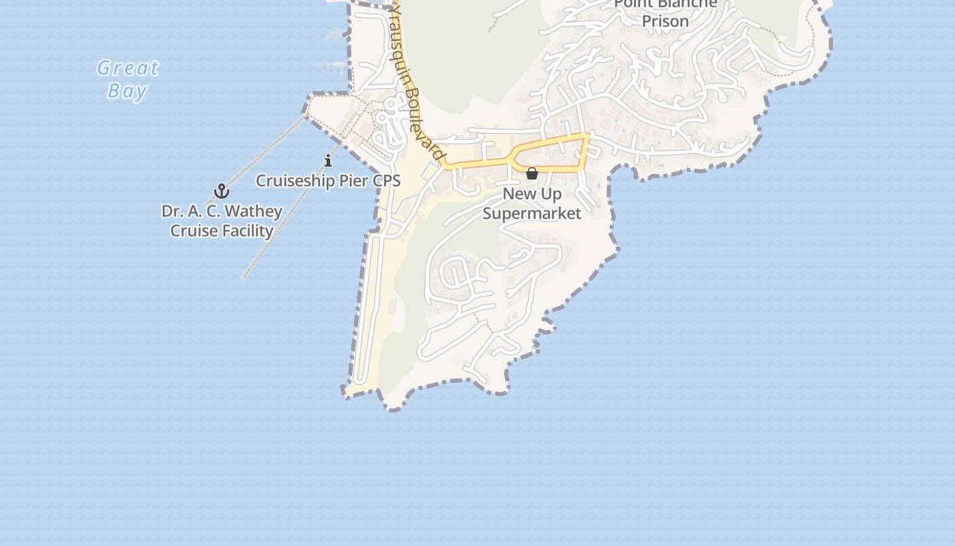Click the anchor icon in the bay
(x=221, y=191)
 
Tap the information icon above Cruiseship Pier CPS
(x=328, y=161)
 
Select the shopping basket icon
(x=532, y=173)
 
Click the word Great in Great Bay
(x=128, y=68)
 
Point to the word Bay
(x=127, y=91)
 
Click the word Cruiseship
(x=295, y=181)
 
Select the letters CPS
(x=386, y=181)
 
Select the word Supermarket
(x=532, y=214)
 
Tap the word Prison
(x=665, y=21)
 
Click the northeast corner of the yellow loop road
(x=586, y=136)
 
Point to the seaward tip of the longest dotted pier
(x=243, y=278)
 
